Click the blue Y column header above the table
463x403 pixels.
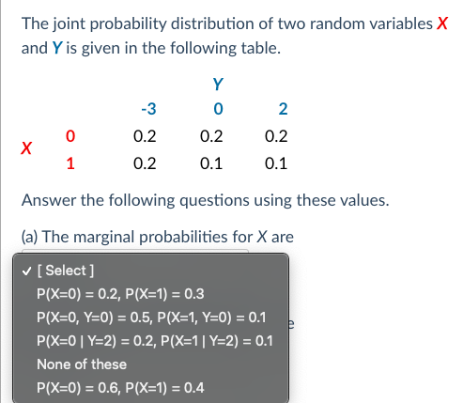coord(218,84)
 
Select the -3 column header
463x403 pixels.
coord(148,109)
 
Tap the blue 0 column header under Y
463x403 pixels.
coord(218,109)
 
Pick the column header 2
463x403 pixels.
coord(283,109)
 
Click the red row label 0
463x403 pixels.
coord(70,136)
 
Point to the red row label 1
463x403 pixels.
coord(70,163)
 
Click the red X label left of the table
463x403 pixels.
coord(26,147)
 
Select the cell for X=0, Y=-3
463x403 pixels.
coord(145,136)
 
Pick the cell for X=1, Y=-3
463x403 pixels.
coord(145,163)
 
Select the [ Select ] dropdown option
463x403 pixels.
coord(66,271)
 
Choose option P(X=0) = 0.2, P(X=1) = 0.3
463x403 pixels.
coord(120,294)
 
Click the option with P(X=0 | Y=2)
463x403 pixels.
coord(155,341)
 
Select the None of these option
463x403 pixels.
coord(82,364)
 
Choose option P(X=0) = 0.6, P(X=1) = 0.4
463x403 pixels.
coord(120,388)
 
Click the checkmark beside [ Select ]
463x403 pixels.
coord(27,271)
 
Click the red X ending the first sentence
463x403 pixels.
coord(442,23)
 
